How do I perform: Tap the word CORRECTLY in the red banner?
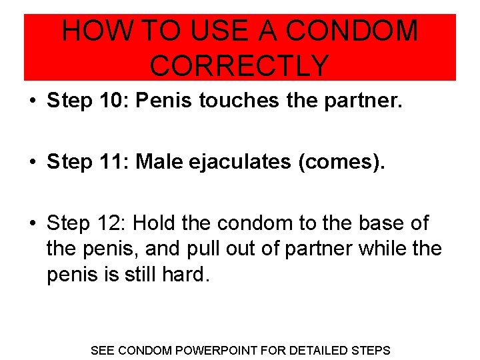tap(240, 65)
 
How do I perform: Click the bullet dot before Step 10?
tap(32, 101)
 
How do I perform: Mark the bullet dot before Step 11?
tap(32, 163)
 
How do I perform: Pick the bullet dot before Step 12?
tap(32, 224)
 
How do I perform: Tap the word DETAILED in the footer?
tap(315, 350)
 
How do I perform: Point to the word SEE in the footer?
tap(102, 350)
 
